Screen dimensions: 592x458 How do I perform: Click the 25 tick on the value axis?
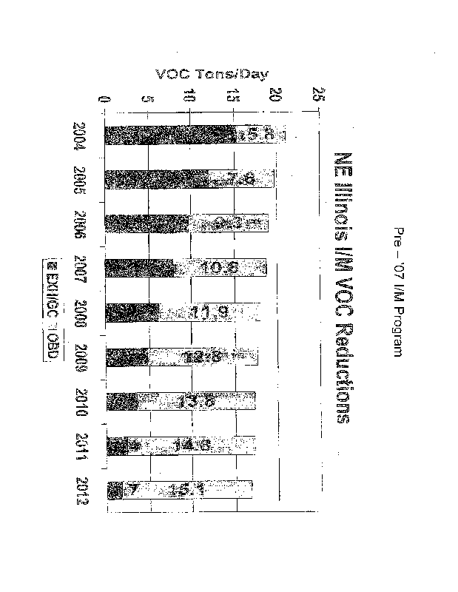[x=318, y=95]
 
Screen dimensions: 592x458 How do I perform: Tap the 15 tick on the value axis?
[x=234, y=96]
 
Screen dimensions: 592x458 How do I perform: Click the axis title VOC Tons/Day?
[x=212, y=73]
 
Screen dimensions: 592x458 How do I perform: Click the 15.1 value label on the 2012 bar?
[x=189, y=490]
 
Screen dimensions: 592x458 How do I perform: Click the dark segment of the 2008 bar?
[x=132, y=313]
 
